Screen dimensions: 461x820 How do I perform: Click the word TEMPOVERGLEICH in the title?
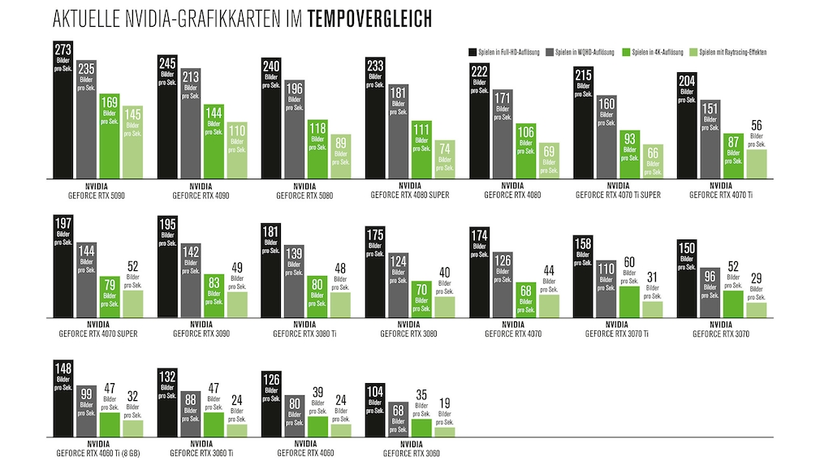[x=370, y=18]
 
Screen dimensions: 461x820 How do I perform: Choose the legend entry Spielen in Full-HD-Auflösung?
[x=505, y=51]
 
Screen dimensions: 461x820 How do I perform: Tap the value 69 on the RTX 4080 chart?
[x=549, y=152]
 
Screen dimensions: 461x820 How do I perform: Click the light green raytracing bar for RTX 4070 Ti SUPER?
[x=653, y=162]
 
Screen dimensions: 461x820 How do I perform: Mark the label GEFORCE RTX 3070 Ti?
[x=617, y=334]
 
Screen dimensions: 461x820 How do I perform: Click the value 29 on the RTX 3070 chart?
[x=756, y=279]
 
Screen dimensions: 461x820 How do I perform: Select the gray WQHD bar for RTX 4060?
[x=295, y=416]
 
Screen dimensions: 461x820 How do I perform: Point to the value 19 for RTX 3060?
[x=444, y=402]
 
